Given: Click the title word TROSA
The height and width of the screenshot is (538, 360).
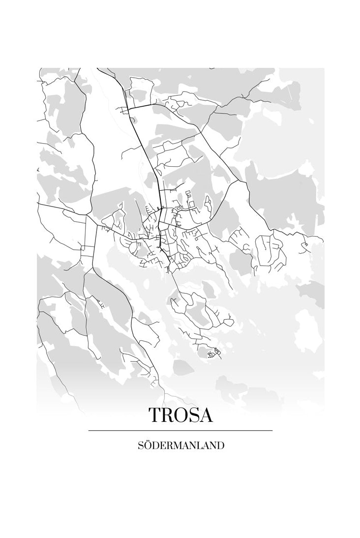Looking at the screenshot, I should [180, 415].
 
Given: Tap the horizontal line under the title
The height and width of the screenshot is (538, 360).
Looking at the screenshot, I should [180, 430].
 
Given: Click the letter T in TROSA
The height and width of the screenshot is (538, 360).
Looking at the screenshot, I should [155, 415].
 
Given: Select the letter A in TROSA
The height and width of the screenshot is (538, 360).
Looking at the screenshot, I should [206, 415].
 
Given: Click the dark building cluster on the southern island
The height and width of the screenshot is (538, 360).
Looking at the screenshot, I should [213, 353].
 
